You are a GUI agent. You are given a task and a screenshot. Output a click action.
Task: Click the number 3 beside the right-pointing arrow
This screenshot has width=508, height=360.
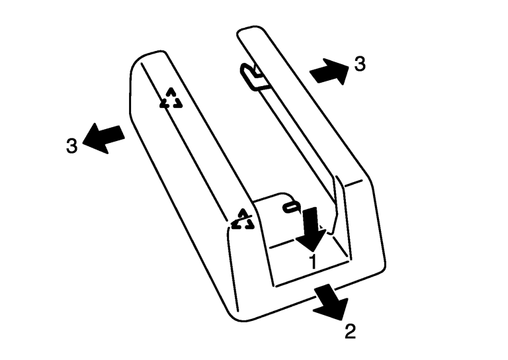pos(360,64)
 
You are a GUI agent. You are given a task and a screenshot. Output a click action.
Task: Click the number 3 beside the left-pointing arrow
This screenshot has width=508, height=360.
pos(72,146)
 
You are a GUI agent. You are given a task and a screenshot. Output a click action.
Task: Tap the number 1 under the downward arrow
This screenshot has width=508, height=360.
pos(313,262)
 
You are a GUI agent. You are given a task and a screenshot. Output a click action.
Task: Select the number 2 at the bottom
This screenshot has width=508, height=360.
pos(350,331)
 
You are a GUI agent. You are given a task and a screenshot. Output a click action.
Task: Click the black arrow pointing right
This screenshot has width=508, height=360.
pos(329,71)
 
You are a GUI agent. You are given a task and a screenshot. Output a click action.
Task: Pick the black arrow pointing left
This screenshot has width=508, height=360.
pos(104,138)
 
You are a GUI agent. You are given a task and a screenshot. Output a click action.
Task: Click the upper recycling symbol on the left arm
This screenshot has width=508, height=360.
pos(171,98)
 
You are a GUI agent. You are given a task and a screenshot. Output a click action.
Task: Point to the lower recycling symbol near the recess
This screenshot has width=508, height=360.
pos(242,220)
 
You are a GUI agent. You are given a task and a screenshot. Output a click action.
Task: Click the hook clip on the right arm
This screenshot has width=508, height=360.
pos(254,77)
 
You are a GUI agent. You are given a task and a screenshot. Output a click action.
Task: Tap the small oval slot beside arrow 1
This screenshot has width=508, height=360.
pos(292,206)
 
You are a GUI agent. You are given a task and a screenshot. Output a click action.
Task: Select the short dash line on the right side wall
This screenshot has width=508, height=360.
pos(353,183)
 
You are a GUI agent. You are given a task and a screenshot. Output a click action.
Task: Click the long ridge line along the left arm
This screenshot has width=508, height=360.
pos(184,142)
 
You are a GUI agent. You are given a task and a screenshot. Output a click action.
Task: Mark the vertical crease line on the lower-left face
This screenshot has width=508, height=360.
pos(233,269)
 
